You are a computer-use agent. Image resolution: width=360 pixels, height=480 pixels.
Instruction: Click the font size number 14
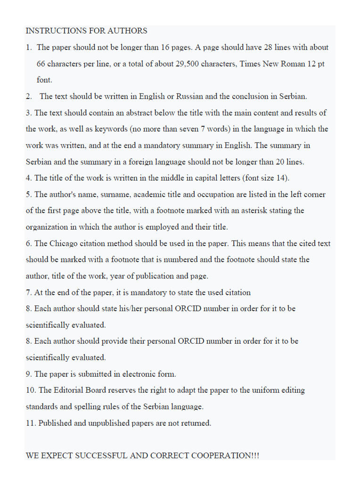point(281,178)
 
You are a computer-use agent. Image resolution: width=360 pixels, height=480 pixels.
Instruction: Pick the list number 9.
point(28,374)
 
